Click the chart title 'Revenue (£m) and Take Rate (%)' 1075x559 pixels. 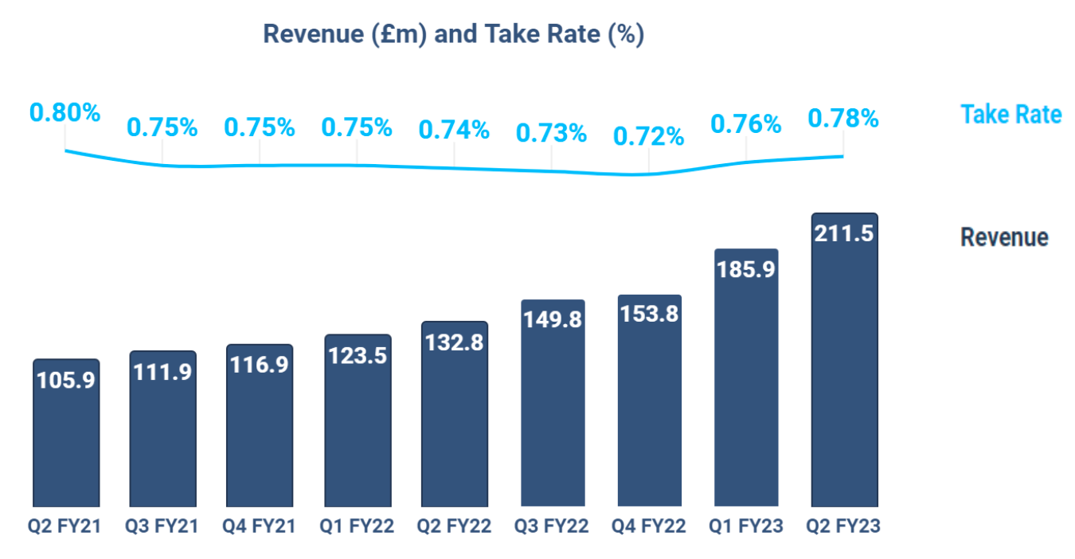click(x=453, y=34)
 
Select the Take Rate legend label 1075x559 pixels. click(x=1010, y=115)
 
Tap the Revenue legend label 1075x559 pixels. click(x=1004, y=237)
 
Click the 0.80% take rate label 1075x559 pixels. click(x=65, y=112)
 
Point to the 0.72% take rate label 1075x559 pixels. click(x=648, y=136)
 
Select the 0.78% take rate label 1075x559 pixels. click(x=843, y=119)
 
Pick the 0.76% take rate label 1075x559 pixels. click(x=746, y=123)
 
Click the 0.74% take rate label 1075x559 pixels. click(x=454, y=129)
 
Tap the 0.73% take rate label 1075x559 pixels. click(x=551, y=133)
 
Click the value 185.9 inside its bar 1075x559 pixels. click(x=746, y=269)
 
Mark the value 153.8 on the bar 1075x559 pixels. click(x=649, y=314)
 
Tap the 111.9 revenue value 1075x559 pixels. click(x=162, y=371)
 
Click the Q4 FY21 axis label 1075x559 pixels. click(x=260, y=526)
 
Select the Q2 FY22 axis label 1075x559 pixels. click(x=454, y=526)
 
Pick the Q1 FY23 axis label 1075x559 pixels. click(x=746, y=526)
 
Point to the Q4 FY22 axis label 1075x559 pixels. click(x=648, y=526)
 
